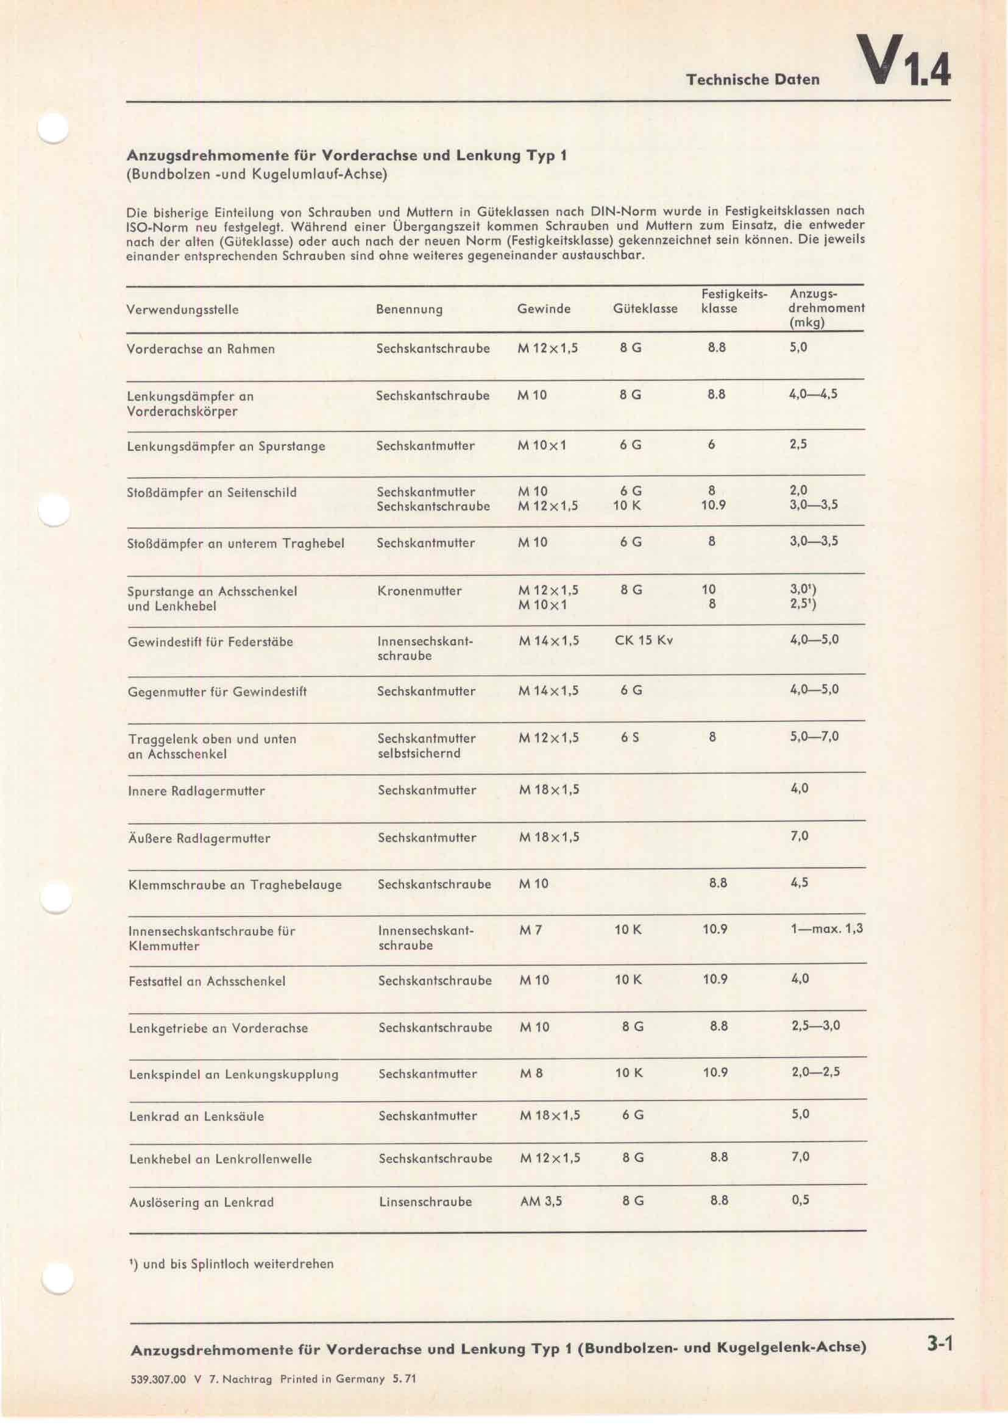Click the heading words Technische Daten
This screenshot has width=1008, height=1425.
[752, 79]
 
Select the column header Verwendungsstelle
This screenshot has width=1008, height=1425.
[182, 309]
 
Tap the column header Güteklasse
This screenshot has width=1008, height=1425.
[645, 308]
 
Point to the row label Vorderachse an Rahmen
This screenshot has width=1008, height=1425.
[201, 349]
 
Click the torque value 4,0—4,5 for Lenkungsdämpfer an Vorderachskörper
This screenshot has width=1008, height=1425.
[813, 394]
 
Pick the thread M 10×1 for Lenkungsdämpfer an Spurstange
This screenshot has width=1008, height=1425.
[542, 445]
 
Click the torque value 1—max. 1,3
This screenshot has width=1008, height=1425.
[826, 929]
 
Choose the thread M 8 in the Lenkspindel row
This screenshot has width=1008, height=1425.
[531, 1073]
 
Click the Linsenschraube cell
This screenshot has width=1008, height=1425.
[425, 1201]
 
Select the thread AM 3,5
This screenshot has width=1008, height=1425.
[541, 1201]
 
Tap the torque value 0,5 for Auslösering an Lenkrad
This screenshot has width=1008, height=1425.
[800, 1200]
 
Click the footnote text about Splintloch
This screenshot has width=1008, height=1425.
[232, 1263]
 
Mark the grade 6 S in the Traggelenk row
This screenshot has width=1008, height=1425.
[630, 738]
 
